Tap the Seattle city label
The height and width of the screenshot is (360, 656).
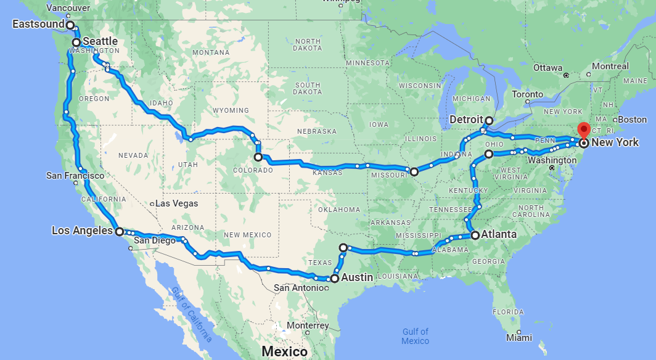tap(100, 41)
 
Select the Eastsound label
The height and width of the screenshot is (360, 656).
tap(39, 24)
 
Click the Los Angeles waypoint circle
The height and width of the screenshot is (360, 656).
tap(120, 231)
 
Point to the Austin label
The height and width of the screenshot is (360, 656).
tap(357, 277)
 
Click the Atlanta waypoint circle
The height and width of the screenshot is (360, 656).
tap(475, 235)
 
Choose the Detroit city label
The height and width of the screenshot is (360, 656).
tap(466, 119)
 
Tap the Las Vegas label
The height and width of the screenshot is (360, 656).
tap(177, 203)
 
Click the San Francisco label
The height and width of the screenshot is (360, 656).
tap(75, 176)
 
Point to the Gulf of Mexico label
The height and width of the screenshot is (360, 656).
tap(415, 336)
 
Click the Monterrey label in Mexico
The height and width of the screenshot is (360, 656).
tap(307, 325)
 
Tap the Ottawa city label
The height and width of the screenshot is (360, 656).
tap(548, 67)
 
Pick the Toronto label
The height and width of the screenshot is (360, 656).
tap(527, 94)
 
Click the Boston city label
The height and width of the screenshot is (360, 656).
tap(633, 119)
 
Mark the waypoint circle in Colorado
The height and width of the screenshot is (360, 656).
tap(258, 157)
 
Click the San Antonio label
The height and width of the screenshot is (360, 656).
tap(297, 287)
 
